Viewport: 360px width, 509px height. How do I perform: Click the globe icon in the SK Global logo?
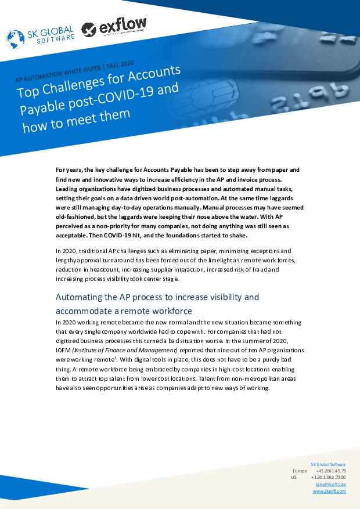pos(15,38)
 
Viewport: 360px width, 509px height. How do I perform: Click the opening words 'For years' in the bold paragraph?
pos(69,170)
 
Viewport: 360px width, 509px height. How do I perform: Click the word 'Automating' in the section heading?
pos(81,297)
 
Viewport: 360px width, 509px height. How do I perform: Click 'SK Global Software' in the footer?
pos(329,464)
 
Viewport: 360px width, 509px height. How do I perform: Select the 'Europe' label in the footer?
pos(299,471)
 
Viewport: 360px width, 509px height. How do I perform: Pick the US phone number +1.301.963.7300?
pos(329,477)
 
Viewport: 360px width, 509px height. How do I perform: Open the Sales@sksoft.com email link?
pos(330,484)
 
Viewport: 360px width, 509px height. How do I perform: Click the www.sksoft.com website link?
pos(329,491)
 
